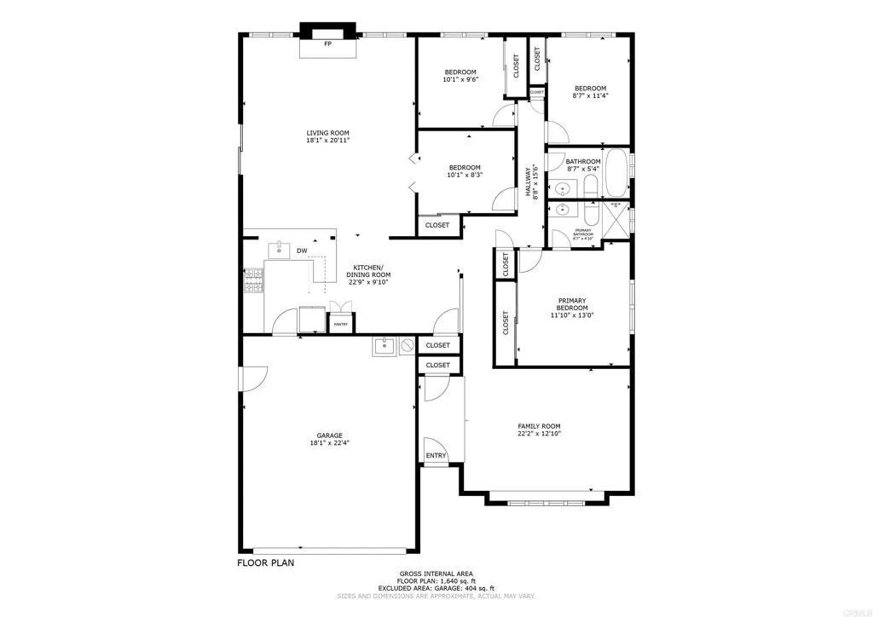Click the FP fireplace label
327,43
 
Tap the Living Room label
328,132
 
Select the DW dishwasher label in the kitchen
302,251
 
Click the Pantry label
340,325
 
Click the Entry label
436,456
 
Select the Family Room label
539,426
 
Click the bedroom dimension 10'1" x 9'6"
460,80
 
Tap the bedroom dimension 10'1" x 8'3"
465,176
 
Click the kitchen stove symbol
254,281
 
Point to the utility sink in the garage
382,345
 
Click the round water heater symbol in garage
408,345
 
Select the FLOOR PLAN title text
266,563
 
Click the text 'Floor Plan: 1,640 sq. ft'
436,581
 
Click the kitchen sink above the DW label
279,249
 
